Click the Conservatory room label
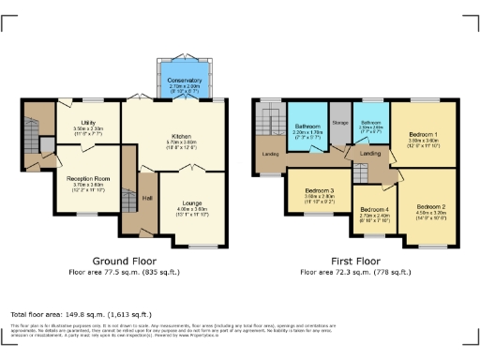pos(185,81)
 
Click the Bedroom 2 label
pos(430,205)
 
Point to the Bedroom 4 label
pos(374,209)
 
